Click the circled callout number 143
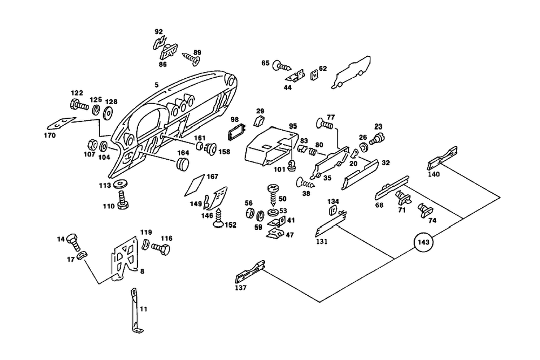[423, 243]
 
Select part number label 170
[50, 135]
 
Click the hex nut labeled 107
[92, 145]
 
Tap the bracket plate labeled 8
[125, 259]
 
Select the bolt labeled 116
[160, 249]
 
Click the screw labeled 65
[282, 66]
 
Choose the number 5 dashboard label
[156, 84]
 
